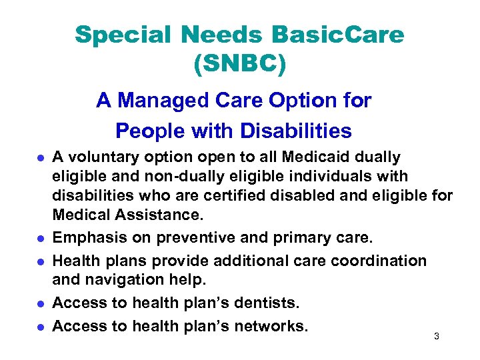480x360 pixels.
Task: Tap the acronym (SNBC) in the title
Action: pyautogui.click(x=239, y=63)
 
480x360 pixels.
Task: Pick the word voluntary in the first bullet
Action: pyautogui.click(x=100, y=157)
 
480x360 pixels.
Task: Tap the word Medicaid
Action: pyautogui.click(x=309, y=157)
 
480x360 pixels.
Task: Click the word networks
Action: pyautogui.click(x=271, y=327)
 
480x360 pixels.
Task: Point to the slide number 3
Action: pyautogui.click(x=436, y=337)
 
